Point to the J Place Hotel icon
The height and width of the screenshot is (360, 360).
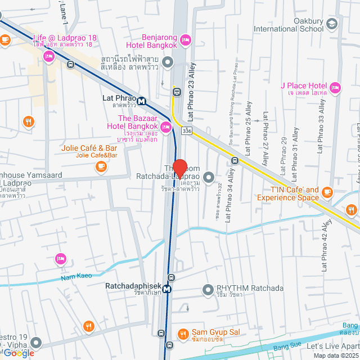(336, 87)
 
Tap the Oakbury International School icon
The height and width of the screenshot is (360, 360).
(332, 23)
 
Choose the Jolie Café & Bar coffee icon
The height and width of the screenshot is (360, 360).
(101, 166)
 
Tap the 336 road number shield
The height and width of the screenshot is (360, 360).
(186, 131)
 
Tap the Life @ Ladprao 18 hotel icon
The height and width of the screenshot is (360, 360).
(49, 56)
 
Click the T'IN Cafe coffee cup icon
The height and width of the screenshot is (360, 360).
(328, 194)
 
